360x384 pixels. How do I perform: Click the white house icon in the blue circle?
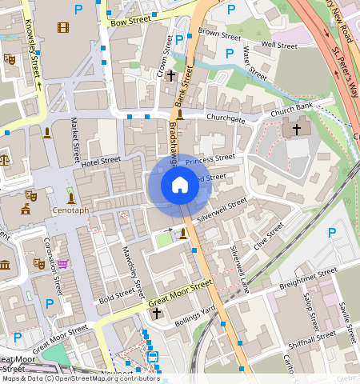180,186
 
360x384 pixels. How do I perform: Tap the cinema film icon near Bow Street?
63,28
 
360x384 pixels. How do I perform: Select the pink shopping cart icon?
62,263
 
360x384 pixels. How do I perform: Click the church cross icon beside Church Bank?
297,128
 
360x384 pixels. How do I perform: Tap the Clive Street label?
269,237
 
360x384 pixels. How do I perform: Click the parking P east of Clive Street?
332,232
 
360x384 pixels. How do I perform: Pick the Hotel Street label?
100,162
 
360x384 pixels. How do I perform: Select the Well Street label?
279,46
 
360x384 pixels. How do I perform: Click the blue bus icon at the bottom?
153,357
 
